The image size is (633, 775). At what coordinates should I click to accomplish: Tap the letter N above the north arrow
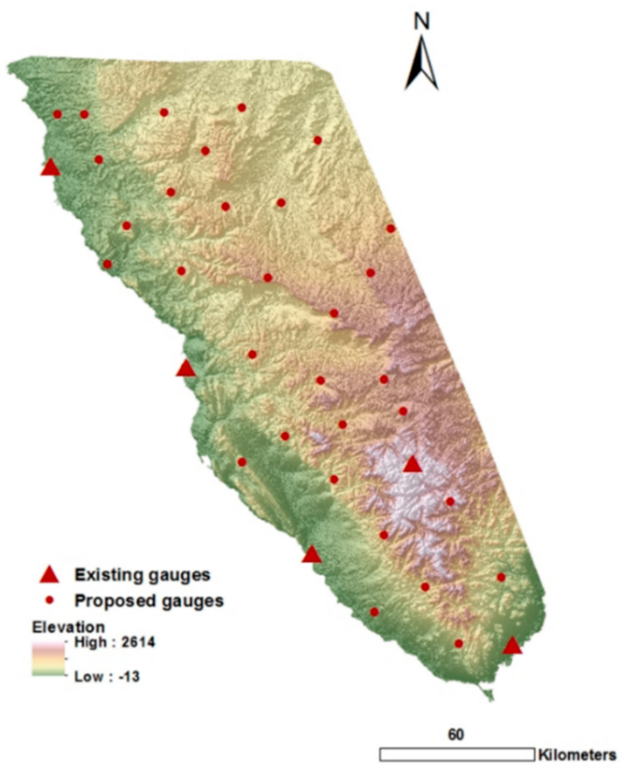point(421,21)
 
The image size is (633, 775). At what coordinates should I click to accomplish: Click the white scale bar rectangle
point(457,754)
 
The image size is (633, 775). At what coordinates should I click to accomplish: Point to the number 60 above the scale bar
point(456,735)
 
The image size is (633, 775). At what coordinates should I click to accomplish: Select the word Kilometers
point(577,755)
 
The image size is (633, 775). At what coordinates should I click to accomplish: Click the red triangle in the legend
point(49,574)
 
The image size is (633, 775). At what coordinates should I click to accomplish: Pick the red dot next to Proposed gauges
point(49,600)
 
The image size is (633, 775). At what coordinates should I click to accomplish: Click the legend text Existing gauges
point(142,575)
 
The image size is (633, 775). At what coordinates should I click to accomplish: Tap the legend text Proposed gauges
point(148,601)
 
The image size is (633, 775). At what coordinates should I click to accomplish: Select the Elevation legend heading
point(69,627)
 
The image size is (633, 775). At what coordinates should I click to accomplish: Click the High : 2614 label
point(114,642)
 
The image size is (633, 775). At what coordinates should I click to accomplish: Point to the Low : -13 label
point(107,677)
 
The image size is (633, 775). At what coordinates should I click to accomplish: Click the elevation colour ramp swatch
point(49,659)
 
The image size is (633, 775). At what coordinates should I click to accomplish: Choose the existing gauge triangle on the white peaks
point(413,464)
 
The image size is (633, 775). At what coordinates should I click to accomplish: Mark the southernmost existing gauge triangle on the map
point(512,646)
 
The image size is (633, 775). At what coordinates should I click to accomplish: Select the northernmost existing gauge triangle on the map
point(50,168)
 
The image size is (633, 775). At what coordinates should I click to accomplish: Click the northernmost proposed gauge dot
point(242,108)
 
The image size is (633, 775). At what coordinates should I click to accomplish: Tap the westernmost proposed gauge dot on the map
point(57,114)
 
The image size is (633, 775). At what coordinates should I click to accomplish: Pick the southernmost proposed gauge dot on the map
point(458,644)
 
